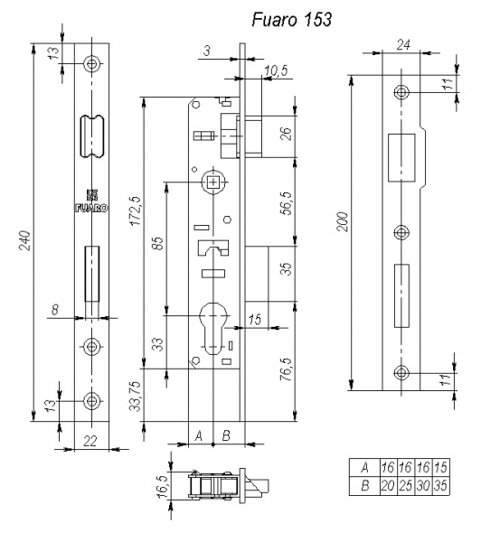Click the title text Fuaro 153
point(292,19)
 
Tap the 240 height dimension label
point(25,240)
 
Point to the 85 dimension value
point(157,243)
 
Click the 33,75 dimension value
point(135,397)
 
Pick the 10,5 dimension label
point(276,70)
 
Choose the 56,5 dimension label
point(288,203)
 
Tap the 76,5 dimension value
point(287,369)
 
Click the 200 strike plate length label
point(343,222)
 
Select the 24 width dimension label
point(403,44)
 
